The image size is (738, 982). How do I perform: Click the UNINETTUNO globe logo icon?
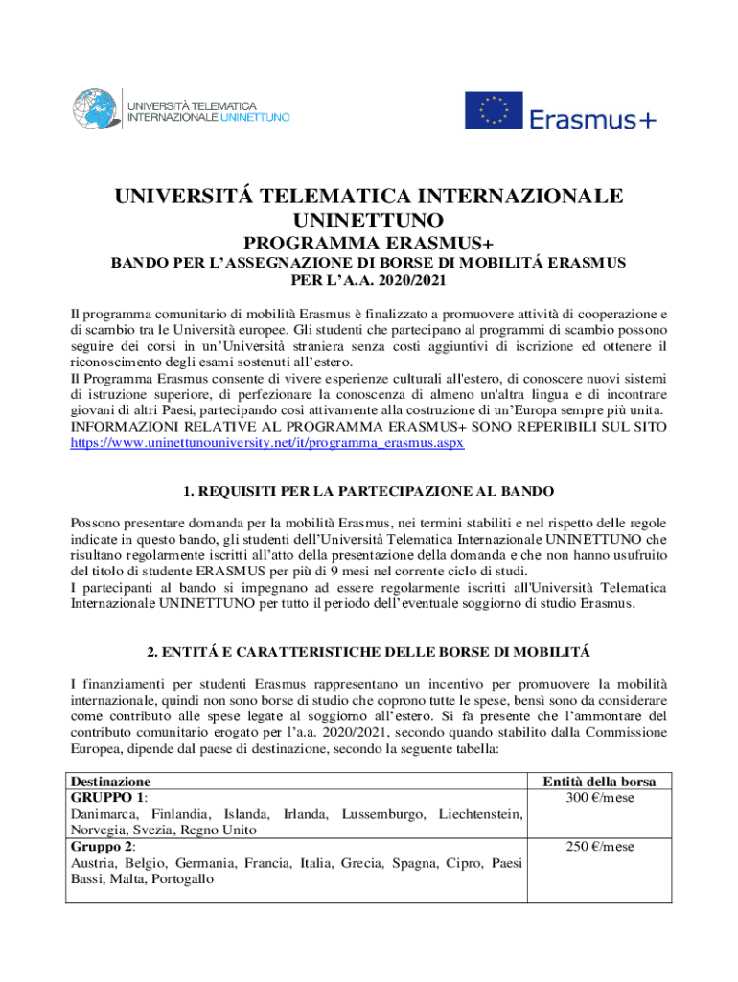tap(97, 108)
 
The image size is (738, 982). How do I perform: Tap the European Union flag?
tap(494, 109)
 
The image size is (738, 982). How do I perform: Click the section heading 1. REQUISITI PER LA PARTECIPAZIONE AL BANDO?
tap(369, 491)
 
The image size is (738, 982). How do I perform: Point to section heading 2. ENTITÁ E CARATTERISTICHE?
tap(369, 652)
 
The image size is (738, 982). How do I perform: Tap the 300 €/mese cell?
tap(600, 798)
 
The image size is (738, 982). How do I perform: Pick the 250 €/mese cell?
tap(600, 847)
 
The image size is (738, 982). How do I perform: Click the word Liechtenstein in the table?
tap(479, 814)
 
